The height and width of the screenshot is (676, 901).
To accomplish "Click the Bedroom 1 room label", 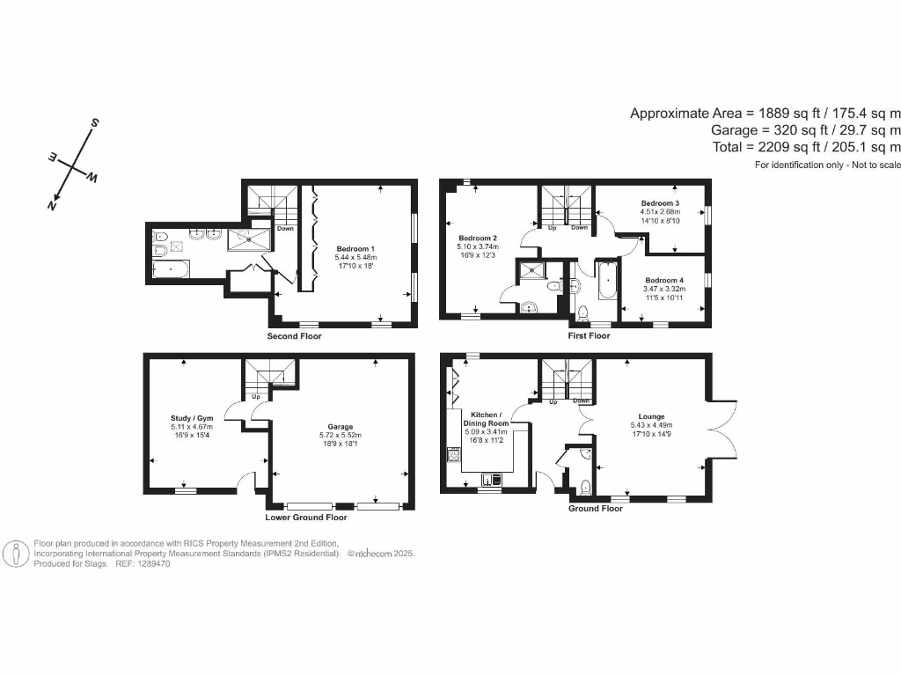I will point(355,249).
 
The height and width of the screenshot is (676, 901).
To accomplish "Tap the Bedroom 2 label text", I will point(478,239).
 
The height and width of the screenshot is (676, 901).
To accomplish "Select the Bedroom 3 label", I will point(660,203).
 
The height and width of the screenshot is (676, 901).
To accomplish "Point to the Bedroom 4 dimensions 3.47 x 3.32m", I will point(663,289).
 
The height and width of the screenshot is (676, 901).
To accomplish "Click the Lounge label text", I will point(651,416).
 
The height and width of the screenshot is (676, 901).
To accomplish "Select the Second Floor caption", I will point(294,336).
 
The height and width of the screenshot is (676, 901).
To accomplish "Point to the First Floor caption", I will point(589,335).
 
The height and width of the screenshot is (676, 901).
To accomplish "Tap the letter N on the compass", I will point(53,204).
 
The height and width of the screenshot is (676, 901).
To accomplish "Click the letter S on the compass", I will point(95,122).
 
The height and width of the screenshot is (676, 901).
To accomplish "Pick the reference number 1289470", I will point(151,563).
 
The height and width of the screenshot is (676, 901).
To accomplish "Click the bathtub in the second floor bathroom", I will point(170,268).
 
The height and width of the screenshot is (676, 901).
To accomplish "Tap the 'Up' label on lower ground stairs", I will point(256,397).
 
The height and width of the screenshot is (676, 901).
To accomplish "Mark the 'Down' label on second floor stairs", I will point(285,229).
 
